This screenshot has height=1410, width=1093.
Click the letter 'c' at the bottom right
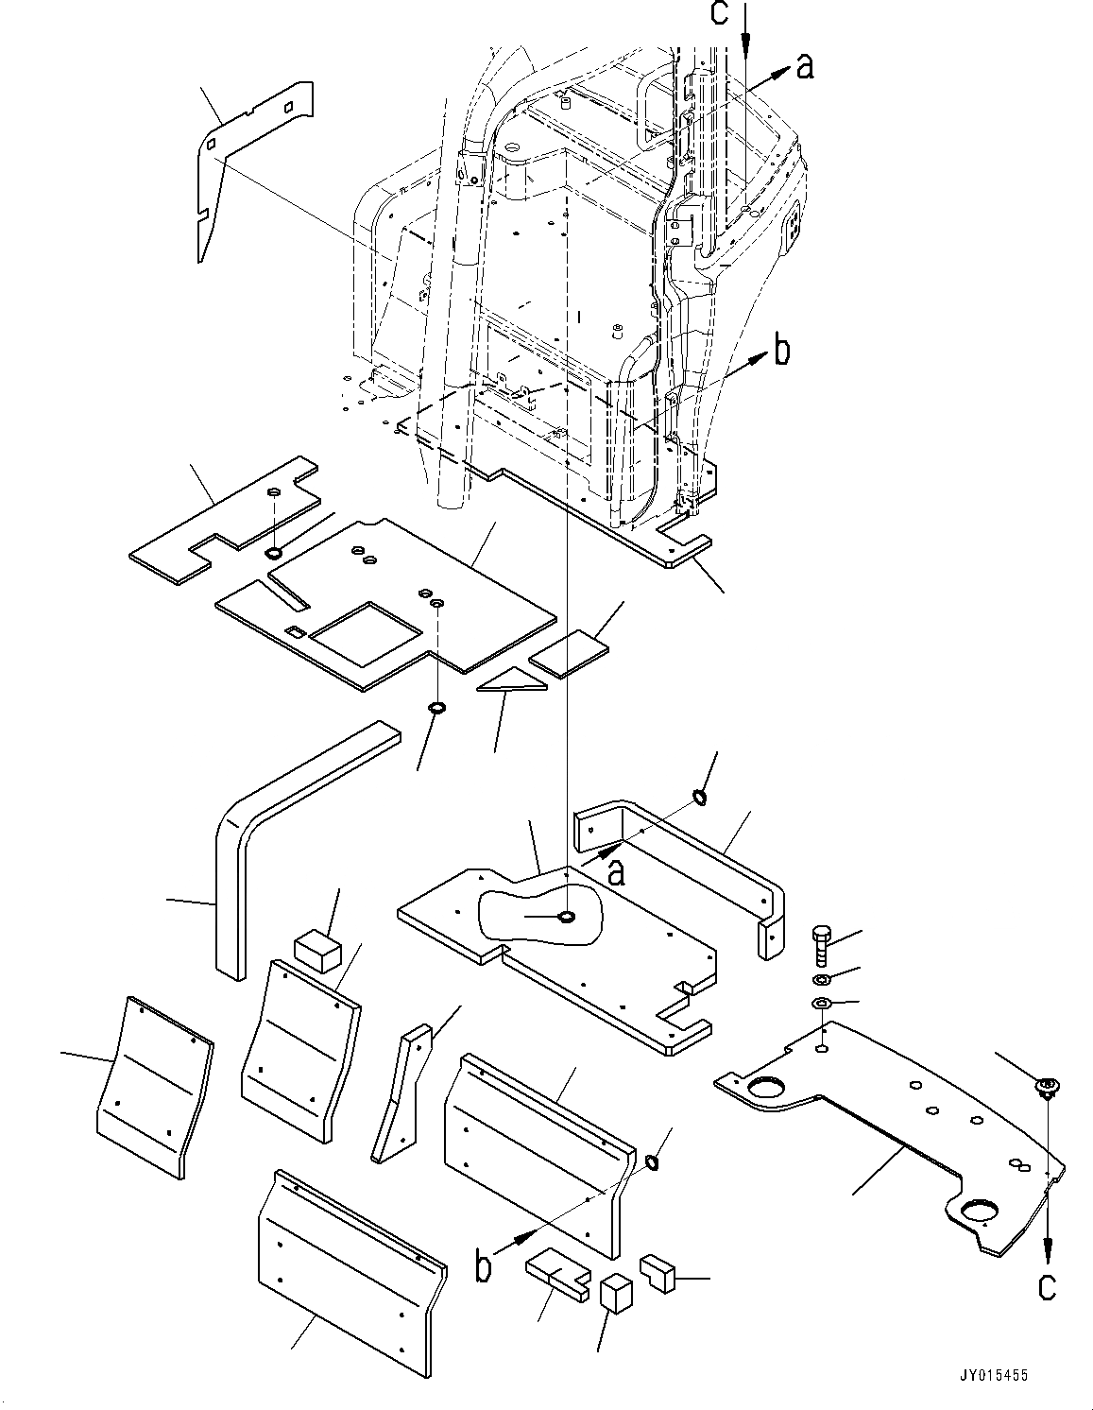1047,1285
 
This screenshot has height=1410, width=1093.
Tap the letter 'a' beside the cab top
804,66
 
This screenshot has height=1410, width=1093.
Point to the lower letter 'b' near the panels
484,1265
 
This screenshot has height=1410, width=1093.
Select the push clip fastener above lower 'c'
1047,1088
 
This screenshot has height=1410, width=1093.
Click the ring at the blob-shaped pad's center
567,916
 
